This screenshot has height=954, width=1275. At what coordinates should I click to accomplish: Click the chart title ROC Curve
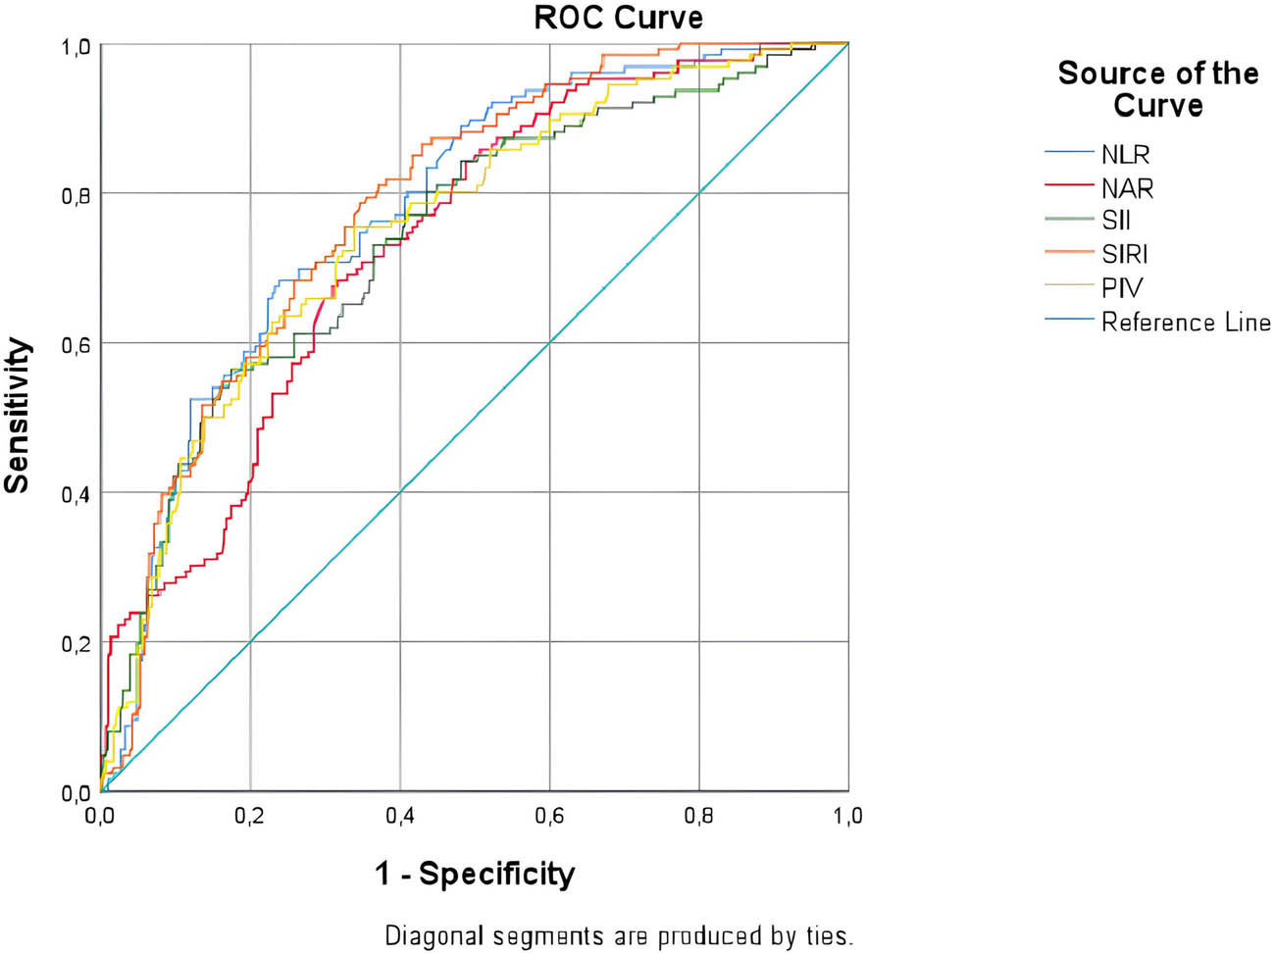(618, 18)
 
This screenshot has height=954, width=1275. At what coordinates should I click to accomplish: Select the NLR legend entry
(1125, 154)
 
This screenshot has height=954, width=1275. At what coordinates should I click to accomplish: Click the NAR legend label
(1127, 187)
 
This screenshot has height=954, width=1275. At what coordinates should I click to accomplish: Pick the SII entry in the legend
(1116, 221)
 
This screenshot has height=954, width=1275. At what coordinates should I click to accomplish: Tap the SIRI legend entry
(1124, 254)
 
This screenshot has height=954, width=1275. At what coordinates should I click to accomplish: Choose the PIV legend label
(1121, 288)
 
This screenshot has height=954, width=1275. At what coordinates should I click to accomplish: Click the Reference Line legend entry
(1185, 322)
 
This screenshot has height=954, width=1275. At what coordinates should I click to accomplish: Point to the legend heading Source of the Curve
(1157, 88)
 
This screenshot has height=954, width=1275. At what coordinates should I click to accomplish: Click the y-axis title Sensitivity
(18, 415)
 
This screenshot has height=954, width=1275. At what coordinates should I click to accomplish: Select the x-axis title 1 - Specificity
(475, 873)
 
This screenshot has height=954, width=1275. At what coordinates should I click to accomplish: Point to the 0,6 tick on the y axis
(76, 344)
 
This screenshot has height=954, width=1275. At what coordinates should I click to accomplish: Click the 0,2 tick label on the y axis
(76, 643)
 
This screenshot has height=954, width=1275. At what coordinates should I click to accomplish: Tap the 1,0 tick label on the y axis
(76, 46)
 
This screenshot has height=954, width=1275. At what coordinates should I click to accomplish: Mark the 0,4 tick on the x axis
(400, 816)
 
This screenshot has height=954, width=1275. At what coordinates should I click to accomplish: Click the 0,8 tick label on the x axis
(699, 816)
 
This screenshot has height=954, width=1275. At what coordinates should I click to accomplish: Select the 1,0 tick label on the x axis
(848, 816)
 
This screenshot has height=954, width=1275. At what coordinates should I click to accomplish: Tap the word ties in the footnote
(830, 935)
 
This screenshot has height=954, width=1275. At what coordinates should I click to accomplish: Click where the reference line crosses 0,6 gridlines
(549, 343)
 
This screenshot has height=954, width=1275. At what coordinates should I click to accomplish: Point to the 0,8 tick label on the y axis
(76, 195)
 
